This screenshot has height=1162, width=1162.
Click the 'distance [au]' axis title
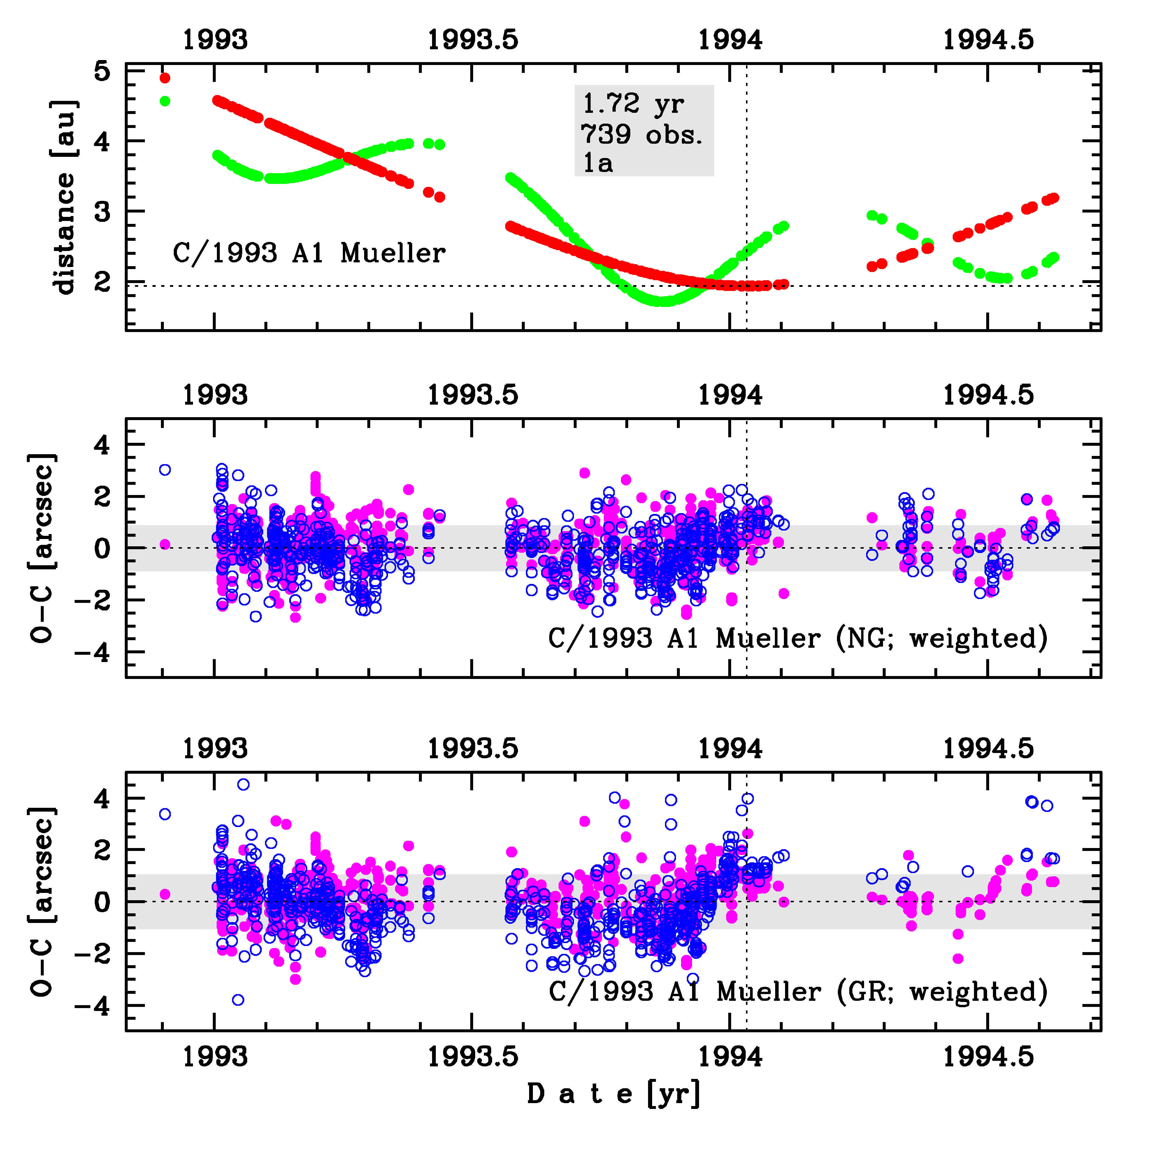point(64,197)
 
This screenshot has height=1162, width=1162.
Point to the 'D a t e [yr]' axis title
point(613,1093)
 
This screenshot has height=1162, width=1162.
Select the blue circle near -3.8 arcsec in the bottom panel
point(238,1000)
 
